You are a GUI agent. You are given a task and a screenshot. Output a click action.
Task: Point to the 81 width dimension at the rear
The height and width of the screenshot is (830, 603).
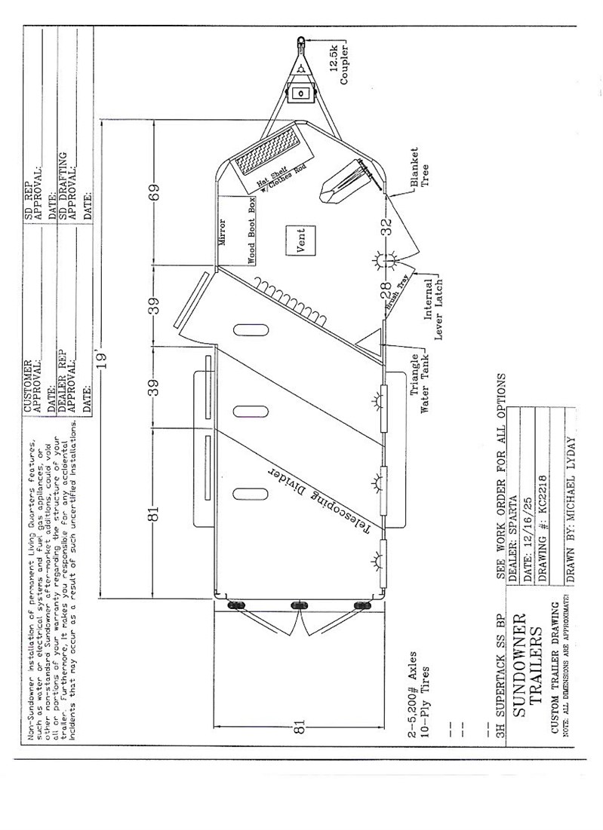coord(300,727)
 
